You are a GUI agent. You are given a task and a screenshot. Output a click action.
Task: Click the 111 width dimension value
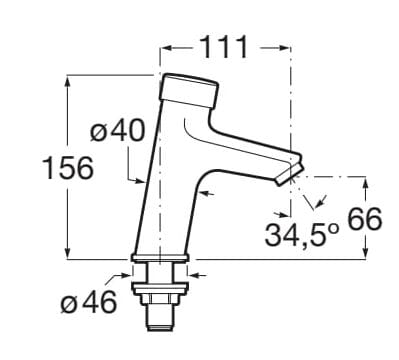coord(228,47)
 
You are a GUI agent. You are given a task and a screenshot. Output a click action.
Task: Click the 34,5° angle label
coord(298,236)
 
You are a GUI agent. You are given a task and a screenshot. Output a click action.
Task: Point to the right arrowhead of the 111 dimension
coord(286,47)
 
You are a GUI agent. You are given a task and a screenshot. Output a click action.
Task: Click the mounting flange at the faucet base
coord(160,261)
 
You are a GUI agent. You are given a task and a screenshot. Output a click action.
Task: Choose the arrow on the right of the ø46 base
coord(194,273)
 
